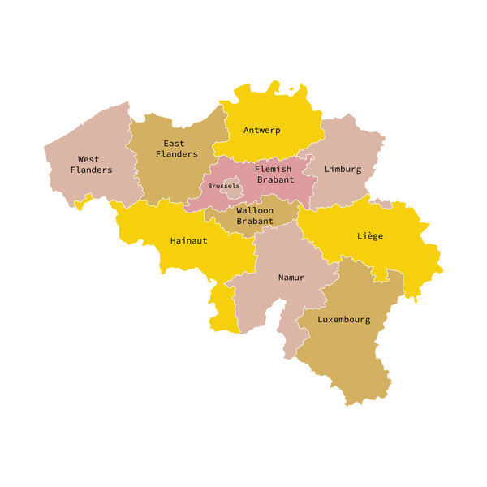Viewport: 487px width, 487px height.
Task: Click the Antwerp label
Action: point(262,130)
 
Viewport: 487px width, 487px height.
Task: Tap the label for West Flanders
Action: point(89,165)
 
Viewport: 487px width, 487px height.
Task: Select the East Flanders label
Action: point(177,149)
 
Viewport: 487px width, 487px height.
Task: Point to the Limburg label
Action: point(343,170)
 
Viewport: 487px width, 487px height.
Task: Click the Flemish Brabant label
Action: point(274,175)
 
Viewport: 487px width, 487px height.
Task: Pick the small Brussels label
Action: point(223,186)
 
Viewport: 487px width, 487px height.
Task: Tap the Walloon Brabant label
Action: point(255,215)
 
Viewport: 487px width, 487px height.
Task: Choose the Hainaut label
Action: point(188,240)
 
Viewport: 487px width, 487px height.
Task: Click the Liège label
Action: point(369,236)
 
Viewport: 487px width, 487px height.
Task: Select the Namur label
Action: point(291,278)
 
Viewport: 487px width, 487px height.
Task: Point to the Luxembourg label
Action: point(343,320)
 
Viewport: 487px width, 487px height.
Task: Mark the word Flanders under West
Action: point(91,170)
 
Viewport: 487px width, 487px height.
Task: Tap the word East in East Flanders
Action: point(175,144)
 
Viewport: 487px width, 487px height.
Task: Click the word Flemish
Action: point(274,170)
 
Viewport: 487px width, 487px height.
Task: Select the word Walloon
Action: point(255,210)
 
